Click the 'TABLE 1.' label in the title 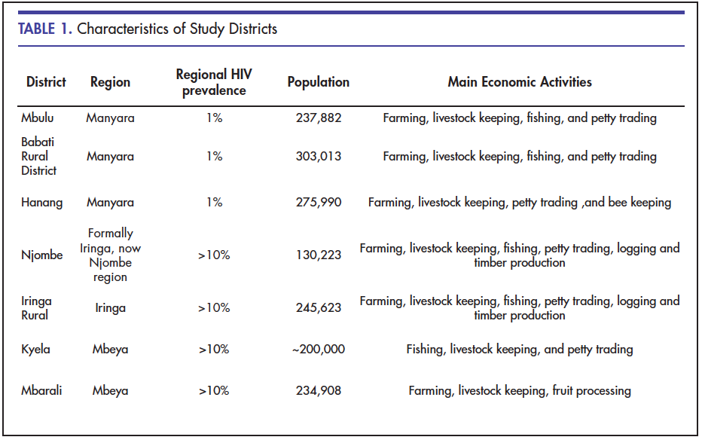click(44, 29)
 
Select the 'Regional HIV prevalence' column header click(214, 82)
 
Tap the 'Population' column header click(319, 82)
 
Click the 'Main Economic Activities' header click(520, 82)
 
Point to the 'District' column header click(46, 82)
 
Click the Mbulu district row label click(38, 118)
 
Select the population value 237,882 click(319, 118)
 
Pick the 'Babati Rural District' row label click(38, 156)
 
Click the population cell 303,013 click(319, 156)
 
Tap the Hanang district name click(42, 203)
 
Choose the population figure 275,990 click(319, 203)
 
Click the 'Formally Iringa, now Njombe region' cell click(110, 255)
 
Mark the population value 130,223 click(319, 255)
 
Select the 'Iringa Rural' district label click(36, 308)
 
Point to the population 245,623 click(319, 308)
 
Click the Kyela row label click(35, 349)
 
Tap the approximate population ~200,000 click(319, 349)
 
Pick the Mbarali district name click(41, 390)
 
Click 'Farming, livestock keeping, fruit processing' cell click(520, 391)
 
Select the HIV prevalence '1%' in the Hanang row click(215, 203)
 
